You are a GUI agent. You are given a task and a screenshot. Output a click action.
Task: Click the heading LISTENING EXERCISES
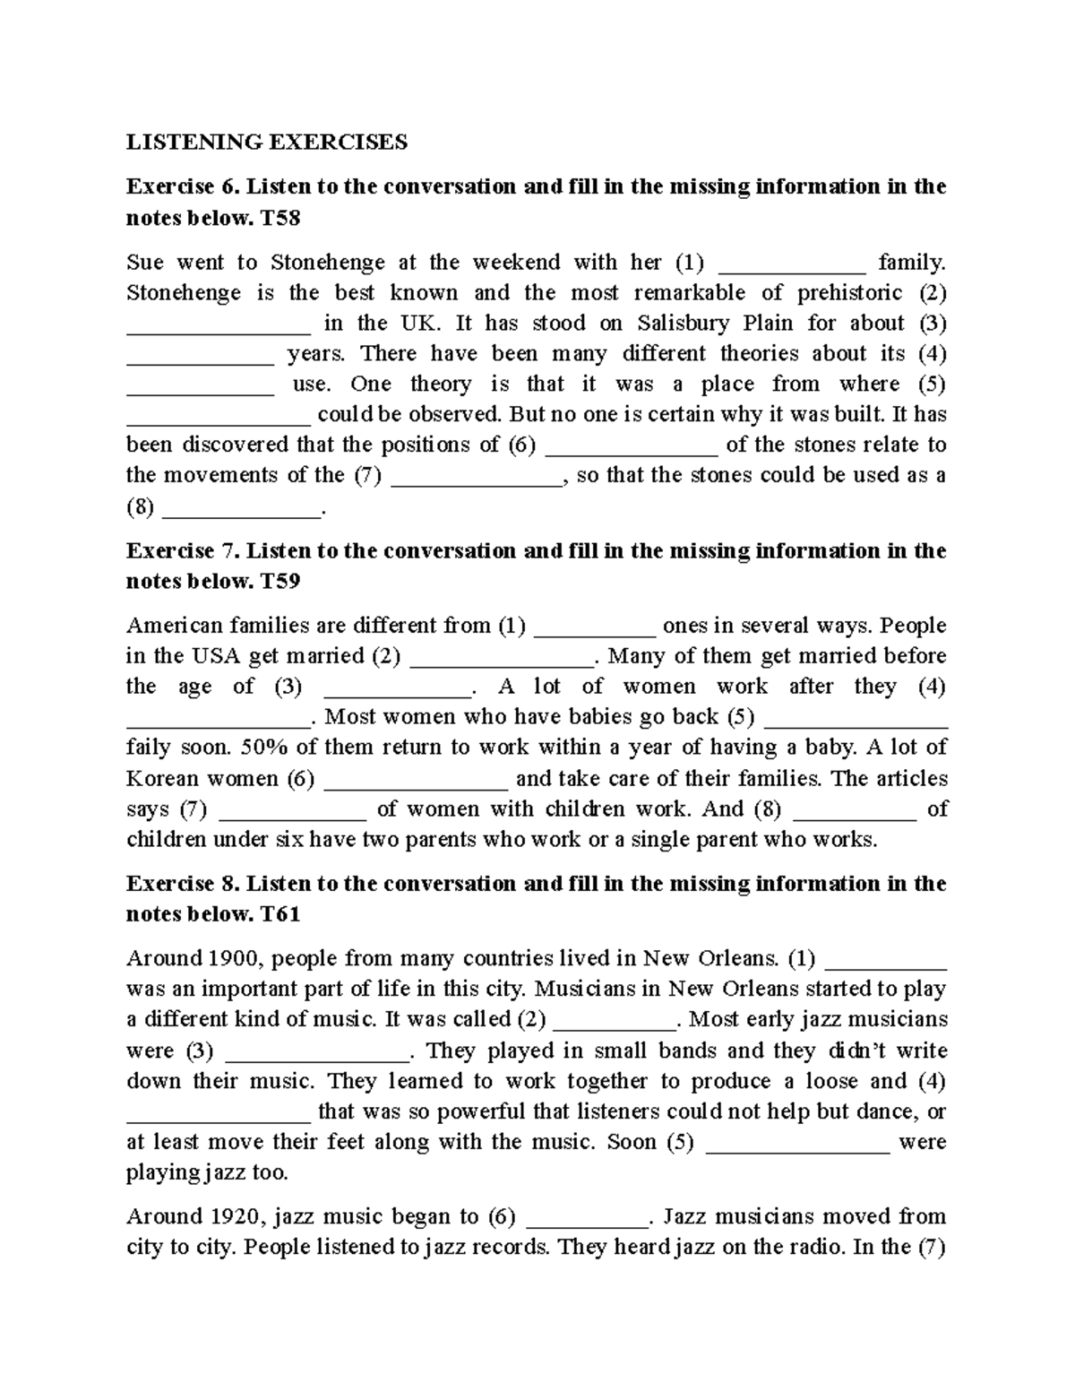click(x=266, y=142)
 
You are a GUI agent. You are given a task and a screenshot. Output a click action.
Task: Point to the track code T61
click(x=279, y=914)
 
